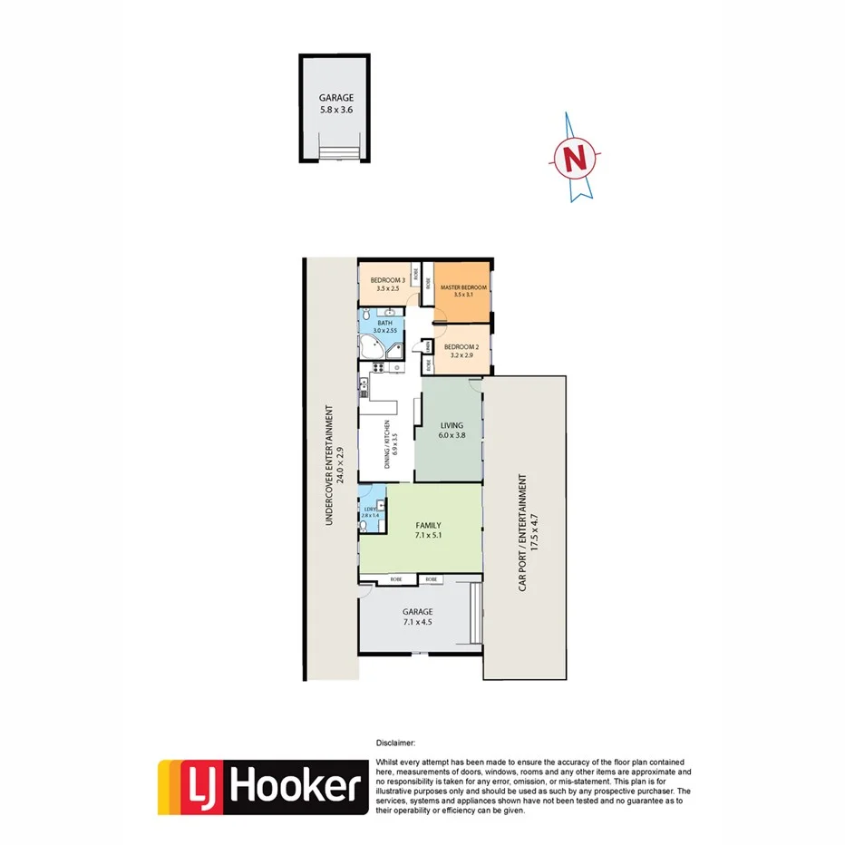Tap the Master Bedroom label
point(464,287)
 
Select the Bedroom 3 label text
point(387,281)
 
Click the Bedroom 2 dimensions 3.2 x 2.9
point(462,355)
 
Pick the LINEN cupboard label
point(427,345)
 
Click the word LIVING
point(452,425)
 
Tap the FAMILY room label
point(428,525)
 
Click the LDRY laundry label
point(369,509)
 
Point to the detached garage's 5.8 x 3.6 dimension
point(335,110)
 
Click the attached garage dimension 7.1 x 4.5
point(418,623)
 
